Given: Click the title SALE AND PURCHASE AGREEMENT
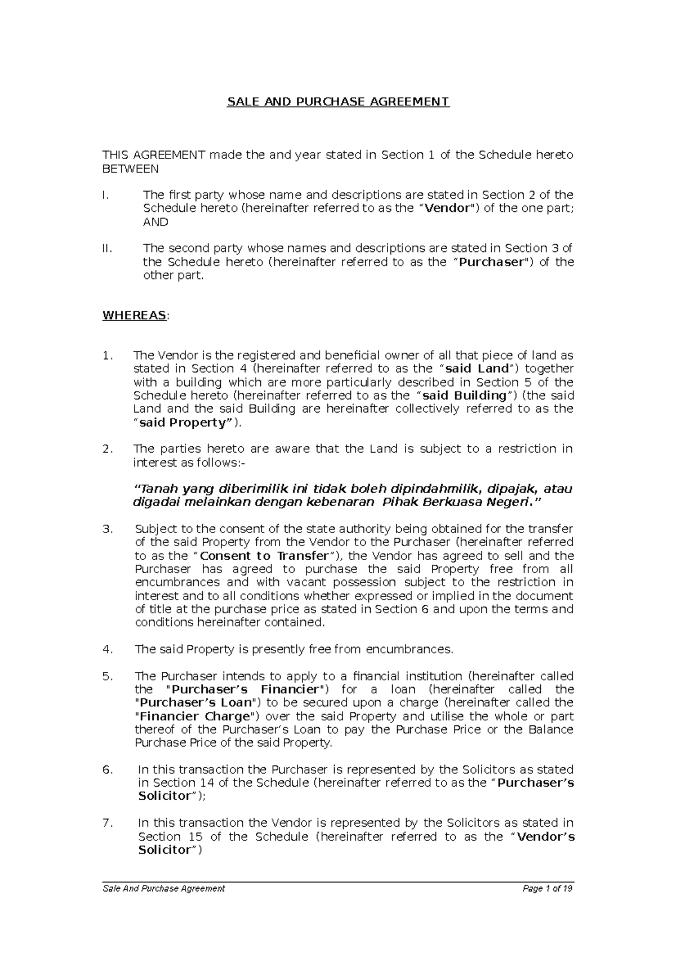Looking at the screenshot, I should pyautogui.click(x=337, y=102).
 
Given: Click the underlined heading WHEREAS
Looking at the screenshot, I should pyautogui.click(x=134, y=315).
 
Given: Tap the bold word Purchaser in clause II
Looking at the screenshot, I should pyautogui.click(x=492, y=262).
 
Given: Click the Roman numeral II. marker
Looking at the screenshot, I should pyautogui.click(x=108, y=249).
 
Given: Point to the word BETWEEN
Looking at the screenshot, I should pyautogui.click(x=130, y=169).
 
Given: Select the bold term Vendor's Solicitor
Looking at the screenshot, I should pyautogui.click(x=545, y=837).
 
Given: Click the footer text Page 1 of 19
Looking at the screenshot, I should pyautogui.click(x=547, y=889).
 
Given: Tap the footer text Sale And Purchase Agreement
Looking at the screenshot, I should pyautogui.click(x=163, y=889).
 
